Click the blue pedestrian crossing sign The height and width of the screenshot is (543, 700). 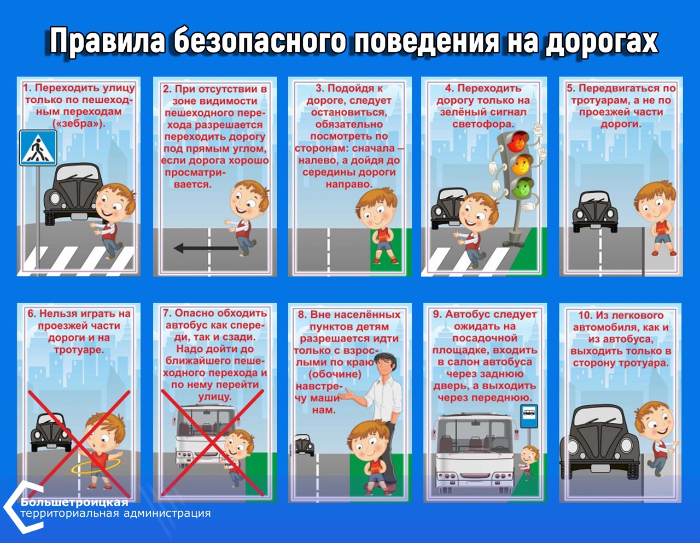pyautogui.click(x=38, y=147)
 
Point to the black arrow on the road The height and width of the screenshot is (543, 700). pyautogui.click(x=206, y=248)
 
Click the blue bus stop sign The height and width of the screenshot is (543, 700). pyautogui.click(x=529, y=416)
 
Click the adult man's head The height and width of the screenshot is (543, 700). pyautogui.click(x=386, y=365)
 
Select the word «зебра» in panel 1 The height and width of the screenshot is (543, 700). pyautogui.click(x=79, y=123)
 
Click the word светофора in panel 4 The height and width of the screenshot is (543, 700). pyautogui.click(x=483, y=124)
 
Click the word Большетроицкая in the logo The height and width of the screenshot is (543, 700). pyautogui.click(x=74, y=502)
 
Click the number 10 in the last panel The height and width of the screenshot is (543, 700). pyautogui.click(x=585, y=315)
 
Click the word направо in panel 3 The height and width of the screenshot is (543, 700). pyautogui.click(x=349, y=184)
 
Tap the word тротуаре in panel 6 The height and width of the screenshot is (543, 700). pyautogui.click(x=79, y=350)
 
